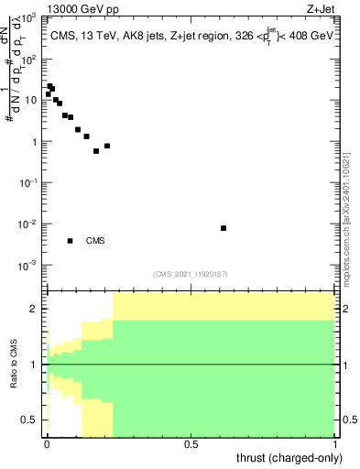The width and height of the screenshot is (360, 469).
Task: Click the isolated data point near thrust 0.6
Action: coord(224,228)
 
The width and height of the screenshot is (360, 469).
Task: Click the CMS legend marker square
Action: coord(70,241)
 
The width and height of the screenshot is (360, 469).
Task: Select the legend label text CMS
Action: coord(95,241)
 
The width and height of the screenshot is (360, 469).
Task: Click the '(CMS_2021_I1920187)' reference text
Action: coord(191,274)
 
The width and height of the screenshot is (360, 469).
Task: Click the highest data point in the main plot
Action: coord(50,86)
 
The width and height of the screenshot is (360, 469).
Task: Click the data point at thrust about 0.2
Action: coord(107,146)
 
